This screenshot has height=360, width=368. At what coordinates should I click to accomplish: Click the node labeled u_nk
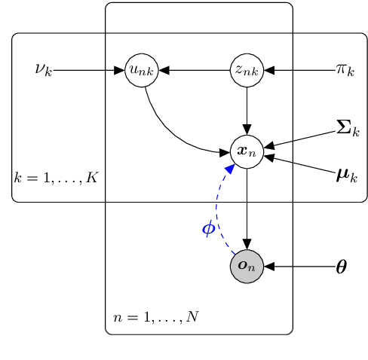click(x=141, y=71)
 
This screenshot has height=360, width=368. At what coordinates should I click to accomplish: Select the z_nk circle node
click(x=247, y=71)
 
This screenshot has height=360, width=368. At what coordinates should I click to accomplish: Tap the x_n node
click(x=247, y=151)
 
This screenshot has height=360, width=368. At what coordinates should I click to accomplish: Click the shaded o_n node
click(x=247, y=267)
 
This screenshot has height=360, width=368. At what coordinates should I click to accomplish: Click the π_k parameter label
click(x=345, y=71)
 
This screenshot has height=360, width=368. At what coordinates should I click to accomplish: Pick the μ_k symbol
click(x=346, y=177)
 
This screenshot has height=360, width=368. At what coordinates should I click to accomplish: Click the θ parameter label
click(x=341, y=267)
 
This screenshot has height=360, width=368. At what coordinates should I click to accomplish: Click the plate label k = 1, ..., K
click(x=56, y=178)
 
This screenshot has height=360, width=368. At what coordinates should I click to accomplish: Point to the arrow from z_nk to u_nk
click(x=194, y=71)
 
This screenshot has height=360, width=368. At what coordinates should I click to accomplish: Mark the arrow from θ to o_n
click(x=299, y=267)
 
